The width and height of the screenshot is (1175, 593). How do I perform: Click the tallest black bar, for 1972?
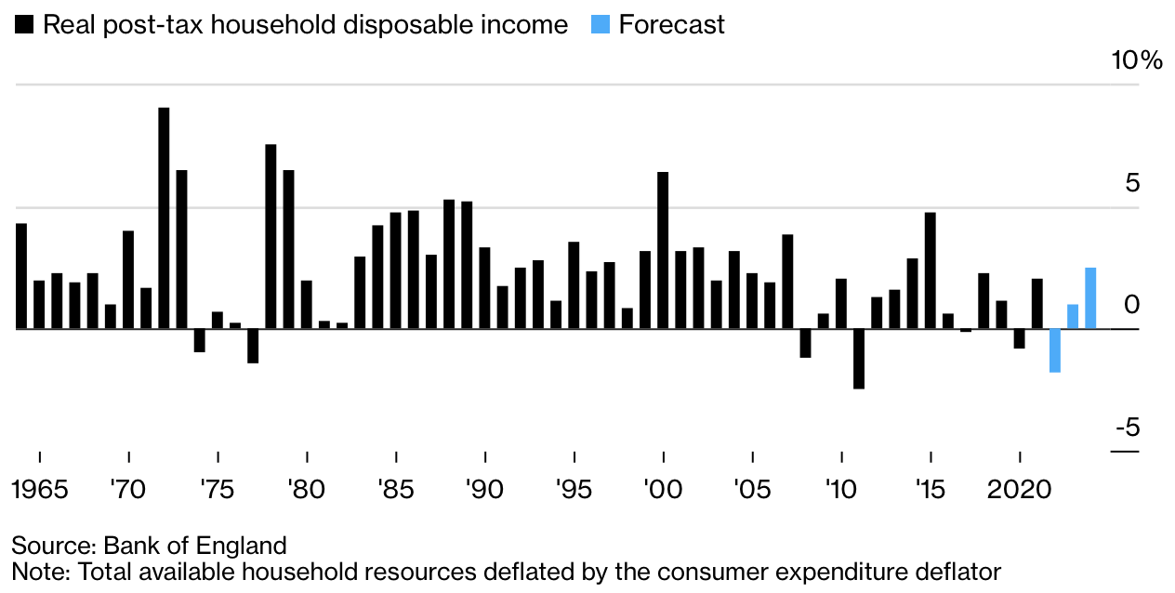pos(164,218)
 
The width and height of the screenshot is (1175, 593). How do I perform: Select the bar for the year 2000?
pos(663,250)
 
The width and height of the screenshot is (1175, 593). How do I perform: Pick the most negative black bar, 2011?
pos(859,359)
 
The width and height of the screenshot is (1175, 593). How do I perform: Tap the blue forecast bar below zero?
pos(1055,350)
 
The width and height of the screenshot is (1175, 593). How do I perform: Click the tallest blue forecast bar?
pos(1090,298)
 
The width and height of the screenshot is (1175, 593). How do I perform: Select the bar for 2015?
pos(930,270)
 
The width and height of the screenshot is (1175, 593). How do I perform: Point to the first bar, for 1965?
pos(21,276)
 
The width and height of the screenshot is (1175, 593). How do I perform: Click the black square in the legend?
pos(24,25)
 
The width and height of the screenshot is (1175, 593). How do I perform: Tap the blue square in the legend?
pos(601,25)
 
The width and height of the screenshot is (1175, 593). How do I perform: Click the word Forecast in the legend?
pos(671,25)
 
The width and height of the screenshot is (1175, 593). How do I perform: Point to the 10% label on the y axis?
pos(1137,61)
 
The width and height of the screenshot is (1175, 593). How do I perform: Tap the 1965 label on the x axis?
pos(41,490)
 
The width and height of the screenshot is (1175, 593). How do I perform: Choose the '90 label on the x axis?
pos(485,490)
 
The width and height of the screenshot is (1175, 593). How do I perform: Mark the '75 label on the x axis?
pos(218,490)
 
